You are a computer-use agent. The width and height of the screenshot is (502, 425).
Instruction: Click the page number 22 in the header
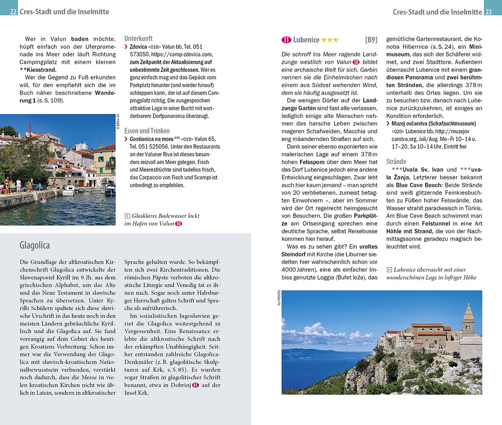tap(13, 12)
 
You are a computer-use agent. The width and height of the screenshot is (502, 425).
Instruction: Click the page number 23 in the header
tap(488, 12)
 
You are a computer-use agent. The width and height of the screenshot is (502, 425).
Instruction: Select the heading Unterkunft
tap(138, 38)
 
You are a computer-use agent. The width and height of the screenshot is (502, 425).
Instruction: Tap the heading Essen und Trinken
tap(147, 131)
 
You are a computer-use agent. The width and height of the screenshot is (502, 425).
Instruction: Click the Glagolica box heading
tap(34, 245)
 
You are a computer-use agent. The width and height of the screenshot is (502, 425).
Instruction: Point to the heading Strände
tap(396, 161)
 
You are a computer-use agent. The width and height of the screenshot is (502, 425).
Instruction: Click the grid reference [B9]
tap(371, 40)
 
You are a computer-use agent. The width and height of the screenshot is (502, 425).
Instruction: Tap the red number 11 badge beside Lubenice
tap(286, 40)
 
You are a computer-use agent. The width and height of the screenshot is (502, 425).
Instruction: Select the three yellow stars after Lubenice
tap(330, 40)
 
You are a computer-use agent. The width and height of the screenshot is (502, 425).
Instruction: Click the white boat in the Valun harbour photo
tap(68, 191)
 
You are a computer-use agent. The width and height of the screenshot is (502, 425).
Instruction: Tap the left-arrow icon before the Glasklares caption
tap(127, 216)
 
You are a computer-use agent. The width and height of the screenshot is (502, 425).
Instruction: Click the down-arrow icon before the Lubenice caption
tap(389, 269)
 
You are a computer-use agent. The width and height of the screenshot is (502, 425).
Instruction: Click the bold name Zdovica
tap(139, 47)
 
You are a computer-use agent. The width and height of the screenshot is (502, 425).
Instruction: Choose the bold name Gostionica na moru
tap(151, 139)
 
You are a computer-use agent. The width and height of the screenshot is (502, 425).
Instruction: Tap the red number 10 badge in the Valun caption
tap(178, 224)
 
